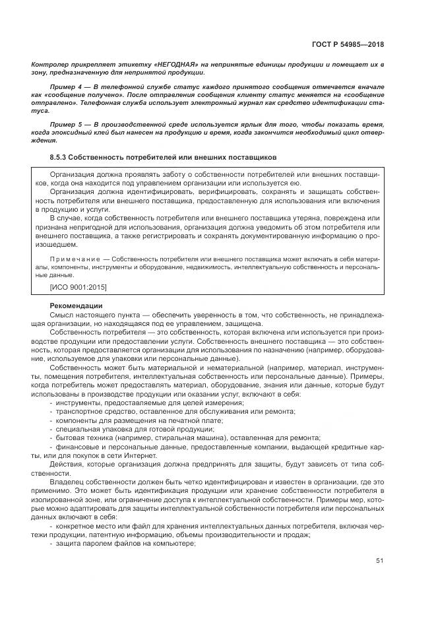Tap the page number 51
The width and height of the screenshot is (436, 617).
coord(379,560)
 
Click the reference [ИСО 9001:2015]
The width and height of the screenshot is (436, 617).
coord(78,288)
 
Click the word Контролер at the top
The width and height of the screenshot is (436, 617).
coord(50,65)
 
